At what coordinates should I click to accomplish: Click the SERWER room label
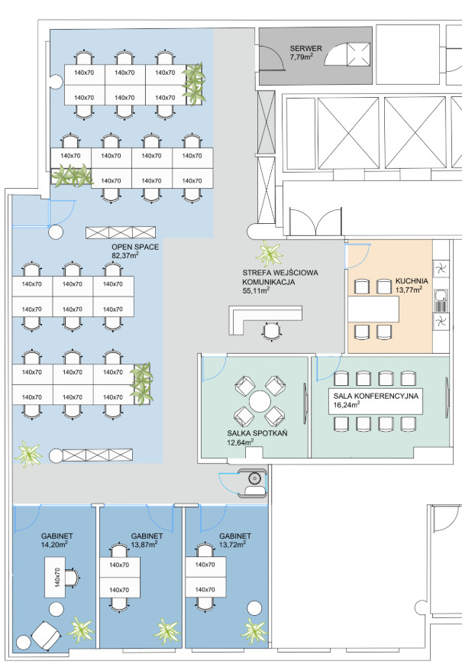click(306, 49)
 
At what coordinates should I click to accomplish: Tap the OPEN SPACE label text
click(135, 247)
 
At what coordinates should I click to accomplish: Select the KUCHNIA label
click(412, 280)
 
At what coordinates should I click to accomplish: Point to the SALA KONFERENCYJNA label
click(376, 396)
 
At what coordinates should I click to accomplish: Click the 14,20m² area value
click(54, 545)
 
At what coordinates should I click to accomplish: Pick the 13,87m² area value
click(144, 545)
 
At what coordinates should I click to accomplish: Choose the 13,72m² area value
click(232, 545)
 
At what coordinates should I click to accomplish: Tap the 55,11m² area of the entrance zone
click(256, 291)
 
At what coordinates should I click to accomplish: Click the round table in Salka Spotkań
click(260, 401)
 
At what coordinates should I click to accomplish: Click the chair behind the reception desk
click(271, 331)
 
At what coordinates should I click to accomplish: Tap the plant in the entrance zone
click(270, 254)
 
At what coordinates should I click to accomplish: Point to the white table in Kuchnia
click(373, 309)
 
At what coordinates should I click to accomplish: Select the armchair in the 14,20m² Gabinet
click(45, 635)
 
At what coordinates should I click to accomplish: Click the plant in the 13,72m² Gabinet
click(254, 631)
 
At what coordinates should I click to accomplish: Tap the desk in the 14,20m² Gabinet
click(55, 577)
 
